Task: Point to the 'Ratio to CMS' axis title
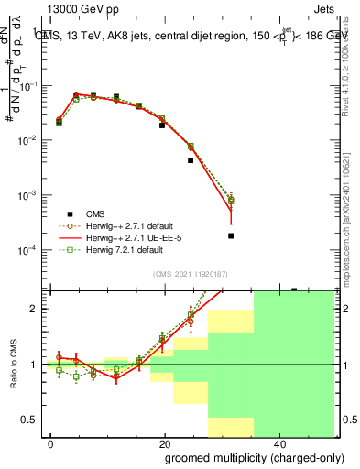12,365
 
